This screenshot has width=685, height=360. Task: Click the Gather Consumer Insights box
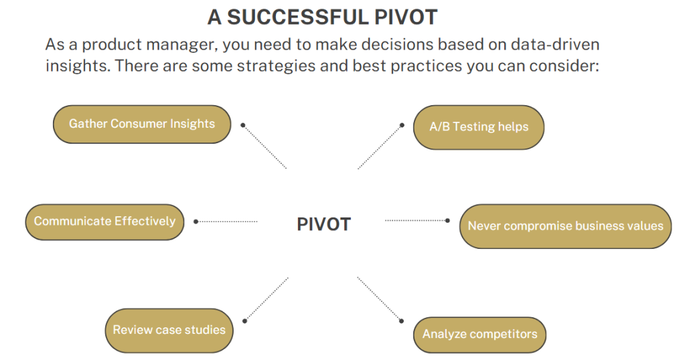click(x=141, y=124)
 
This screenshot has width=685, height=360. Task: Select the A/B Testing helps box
click(x=478, y=127)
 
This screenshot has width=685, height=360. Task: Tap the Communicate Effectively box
click(x=104, y=221)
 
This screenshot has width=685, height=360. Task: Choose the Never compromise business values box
click(x=565, y=226)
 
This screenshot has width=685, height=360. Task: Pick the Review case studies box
click(x=169, y=330)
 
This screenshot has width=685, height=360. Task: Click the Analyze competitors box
click(x=479, y=335)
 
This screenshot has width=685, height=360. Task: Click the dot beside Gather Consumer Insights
click(x=243, y=124)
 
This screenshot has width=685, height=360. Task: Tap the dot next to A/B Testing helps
click(x=402, y=124)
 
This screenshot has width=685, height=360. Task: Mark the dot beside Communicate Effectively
click(x=196, y=221)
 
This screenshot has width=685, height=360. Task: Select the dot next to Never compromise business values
click(x=448, y=219)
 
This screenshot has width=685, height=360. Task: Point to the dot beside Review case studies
click(x=244, y=321)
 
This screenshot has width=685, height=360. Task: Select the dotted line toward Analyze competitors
click(x=378, y=298)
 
